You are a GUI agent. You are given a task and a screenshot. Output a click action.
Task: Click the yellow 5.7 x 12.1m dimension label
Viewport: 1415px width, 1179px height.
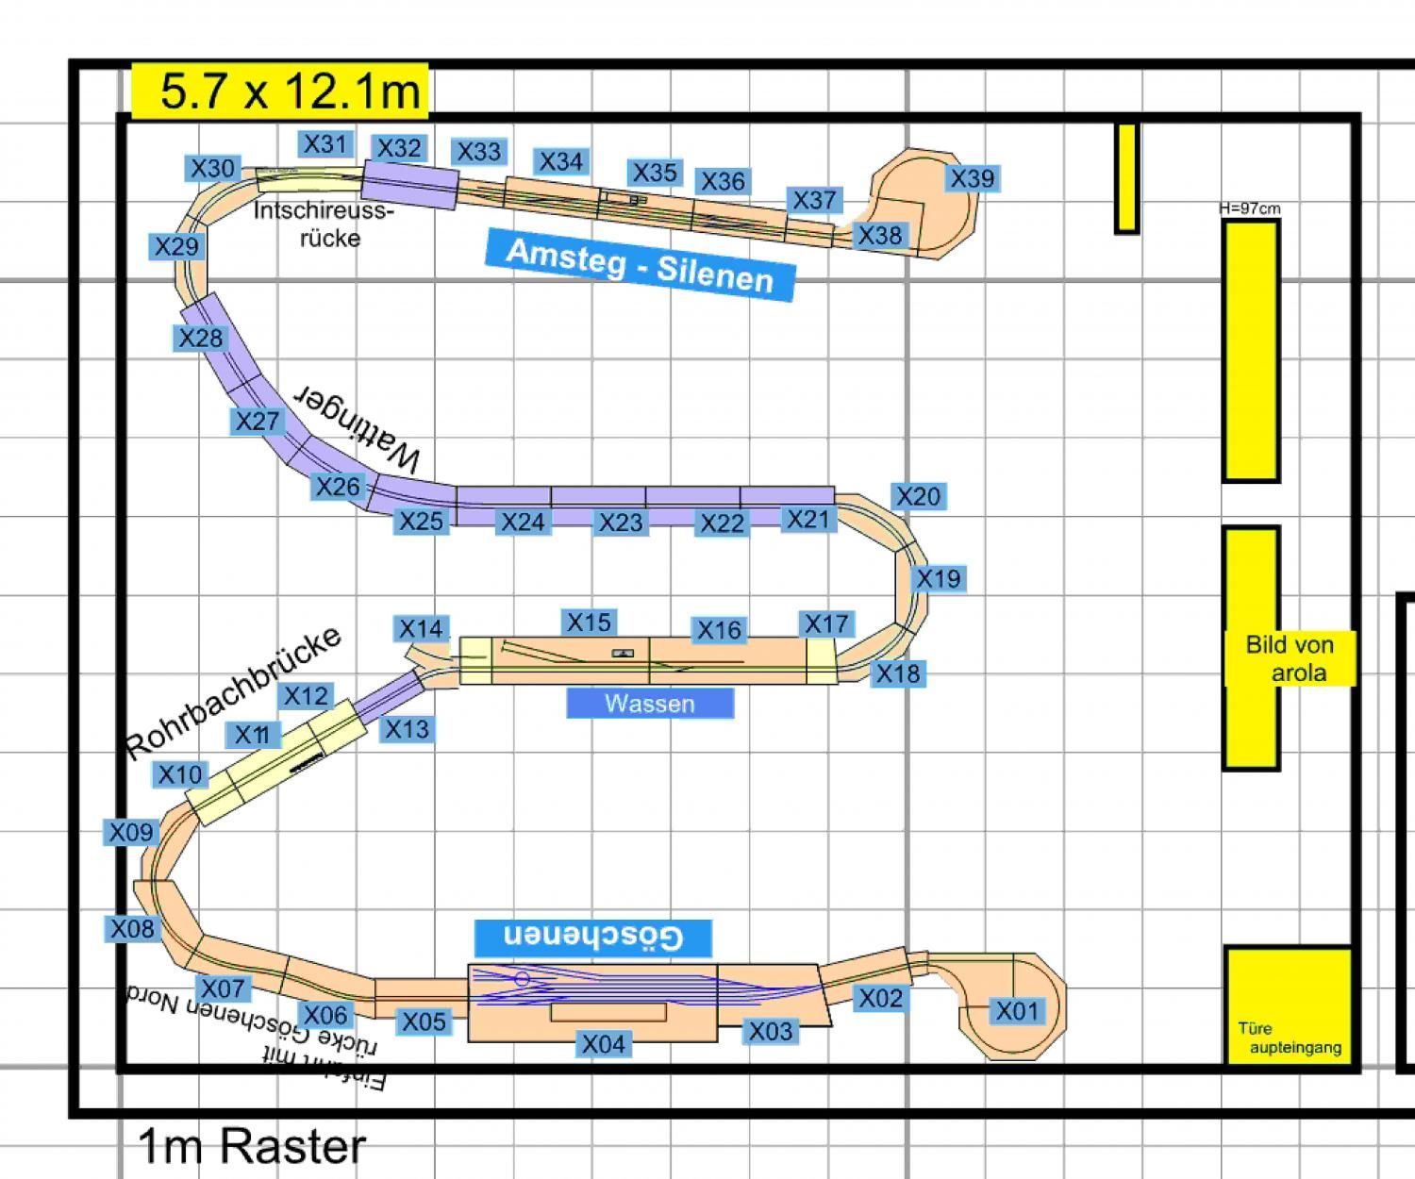pyautogui.click(x=280, y=91)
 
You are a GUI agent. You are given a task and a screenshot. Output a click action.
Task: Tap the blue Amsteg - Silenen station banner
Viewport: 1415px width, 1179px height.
pyautogui.click(x=641, y=264)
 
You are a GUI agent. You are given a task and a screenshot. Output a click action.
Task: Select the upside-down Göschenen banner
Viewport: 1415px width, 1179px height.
pyautogui.click(x=593, y=937)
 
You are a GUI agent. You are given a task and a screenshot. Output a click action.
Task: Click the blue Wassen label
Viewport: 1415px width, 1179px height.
pyautogui.click(x=650, y=704)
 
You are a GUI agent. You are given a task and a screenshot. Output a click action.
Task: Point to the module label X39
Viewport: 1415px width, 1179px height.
pyautogui.click(x=972, y=178)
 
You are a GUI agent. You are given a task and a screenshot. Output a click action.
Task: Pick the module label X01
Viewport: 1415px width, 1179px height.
pyautogui.click(x=1017, y=1011)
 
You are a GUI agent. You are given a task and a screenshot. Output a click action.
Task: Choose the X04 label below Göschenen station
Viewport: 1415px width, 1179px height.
pyautogui.click(x=603, y=1044)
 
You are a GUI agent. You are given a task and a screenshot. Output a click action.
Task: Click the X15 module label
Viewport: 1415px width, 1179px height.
pyautogui.click(x=589, y=623)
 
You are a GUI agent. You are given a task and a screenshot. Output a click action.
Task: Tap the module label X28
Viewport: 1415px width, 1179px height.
pyautogui.click(x=200, y=338)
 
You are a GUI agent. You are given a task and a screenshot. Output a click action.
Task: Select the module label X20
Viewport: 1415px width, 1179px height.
pyautogui.click(x=918, y=496)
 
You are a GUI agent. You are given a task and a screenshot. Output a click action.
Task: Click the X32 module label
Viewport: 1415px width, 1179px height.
pyautogui.click(x=398, y=148)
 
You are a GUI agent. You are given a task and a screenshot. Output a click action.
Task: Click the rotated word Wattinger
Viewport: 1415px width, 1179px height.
pyautogui.click(x=358, y=429)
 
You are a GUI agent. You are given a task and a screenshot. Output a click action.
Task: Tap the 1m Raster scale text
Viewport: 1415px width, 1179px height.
pyautogui.click(x=252, y=1146)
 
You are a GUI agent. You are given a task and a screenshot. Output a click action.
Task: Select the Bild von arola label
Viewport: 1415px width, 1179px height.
pyautogui.click(x=1289, y=658)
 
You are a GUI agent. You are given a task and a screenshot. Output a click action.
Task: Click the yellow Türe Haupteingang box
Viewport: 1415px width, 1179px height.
pyautogui.click(x=1289, y=1005)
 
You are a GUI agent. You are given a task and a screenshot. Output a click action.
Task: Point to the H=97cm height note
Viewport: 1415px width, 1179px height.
pyautogui.click(x=1250, y=208)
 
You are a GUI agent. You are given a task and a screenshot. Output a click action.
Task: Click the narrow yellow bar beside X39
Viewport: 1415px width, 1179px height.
pyautogui.click(x=1126, y=177)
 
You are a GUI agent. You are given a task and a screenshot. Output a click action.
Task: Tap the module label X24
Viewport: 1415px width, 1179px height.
pyautogui.click(x=523, y=522)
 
